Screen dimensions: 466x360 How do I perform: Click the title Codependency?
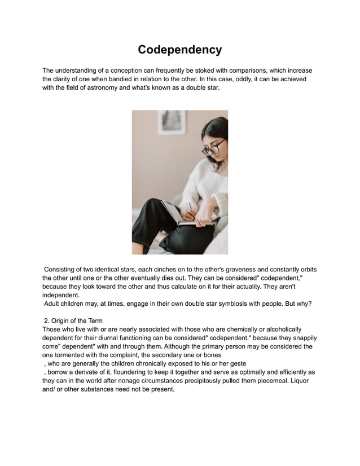[179, 50]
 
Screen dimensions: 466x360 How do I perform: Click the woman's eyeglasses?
[213, 146]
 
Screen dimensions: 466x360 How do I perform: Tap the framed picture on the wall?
[172, 122]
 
